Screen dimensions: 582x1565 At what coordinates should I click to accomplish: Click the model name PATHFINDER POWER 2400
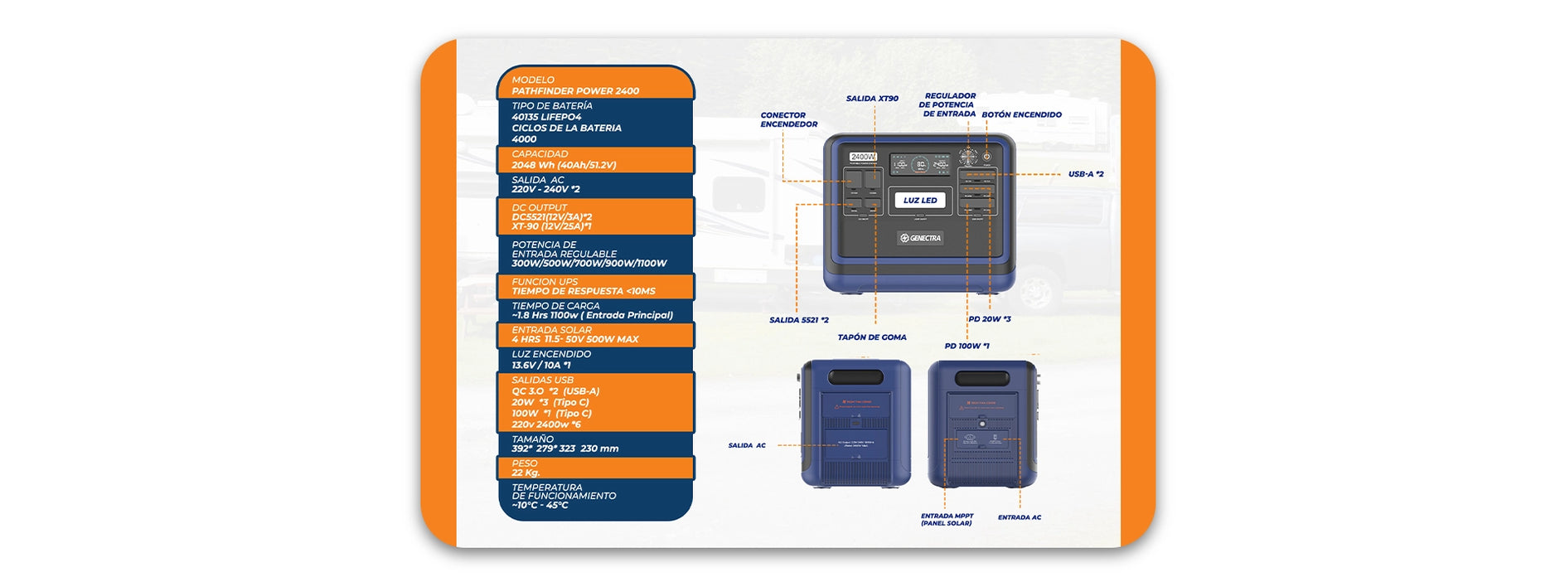coord(575,91)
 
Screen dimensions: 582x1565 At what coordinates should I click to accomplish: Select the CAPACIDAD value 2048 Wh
coord(564,165)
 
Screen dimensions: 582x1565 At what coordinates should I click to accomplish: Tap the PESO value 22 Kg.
coord(526,473)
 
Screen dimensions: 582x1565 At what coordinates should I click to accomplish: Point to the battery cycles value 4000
coord(524,139)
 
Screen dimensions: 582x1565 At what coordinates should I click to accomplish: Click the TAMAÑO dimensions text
coord(564,449)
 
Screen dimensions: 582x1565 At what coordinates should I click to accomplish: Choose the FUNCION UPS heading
coord(545,282)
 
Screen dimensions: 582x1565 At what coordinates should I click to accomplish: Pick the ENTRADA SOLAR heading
coord(551,330)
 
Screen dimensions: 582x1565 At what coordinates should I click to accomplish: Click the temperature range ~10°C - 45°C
coord(540,505)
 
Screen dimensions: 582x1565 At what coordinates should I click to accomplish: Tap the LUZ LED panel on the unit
coord(920,201)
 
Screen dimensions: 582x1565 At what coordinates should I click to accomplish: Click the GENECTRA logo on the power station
coord(920,238)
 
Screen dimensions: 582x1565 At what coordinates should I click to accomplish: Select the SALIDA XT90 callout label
coord(872,99)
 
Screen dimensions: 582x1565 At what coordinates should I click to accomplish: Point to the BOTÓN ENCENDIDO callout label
coord(1021,115)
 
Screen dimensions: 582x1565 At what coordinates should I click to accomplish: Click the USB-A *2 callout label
coord(1085,174)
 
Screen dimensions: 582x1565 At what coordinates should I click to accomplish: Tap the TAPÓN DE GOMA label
coord(871,337)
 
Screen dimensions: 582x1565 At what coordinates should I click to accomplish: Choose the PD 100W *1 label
coord(967,347)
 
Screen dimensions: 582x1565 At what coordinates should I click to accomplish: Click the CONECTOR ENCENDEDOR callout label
coord(788,120)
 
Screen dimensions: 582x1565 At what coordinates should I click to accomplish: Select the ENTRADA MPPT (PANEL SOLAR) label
coord(947,520)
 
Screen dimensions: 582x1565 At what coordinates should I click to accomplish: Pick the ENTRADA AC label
coord(1019,517)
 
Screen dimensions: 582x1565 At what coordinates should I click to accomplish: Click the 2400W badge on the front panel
coord(863,157)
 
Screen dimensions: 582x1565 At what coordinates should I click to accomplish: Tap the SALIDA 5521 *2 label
coord(798,320)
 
